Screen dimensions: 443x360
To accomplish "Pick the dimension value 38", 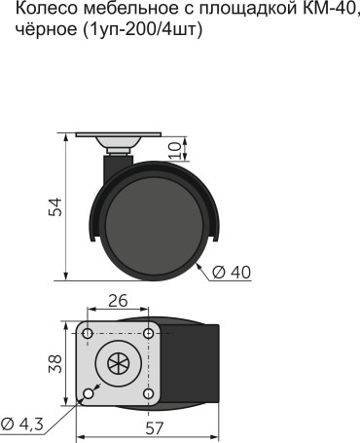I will pos(54,363).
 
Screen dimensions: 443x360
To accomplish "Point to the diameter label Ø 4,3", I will pos(21,424).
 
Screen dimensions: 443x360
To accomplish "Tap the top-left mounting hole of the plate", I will pos(89,334).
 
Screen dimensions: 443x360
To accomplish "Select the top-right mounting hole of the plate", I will pos(148,334).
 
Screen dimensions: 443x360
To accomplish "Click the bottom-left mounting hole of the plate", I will pos(89,393).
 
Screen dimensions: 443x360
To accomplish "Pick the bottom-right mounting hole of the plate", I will pos(148,393).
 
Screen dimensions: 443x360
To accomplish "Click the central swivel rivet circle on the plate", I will pos(119,364).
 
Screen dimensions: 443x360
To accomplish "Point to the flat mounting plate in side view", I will pos(118,135).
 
